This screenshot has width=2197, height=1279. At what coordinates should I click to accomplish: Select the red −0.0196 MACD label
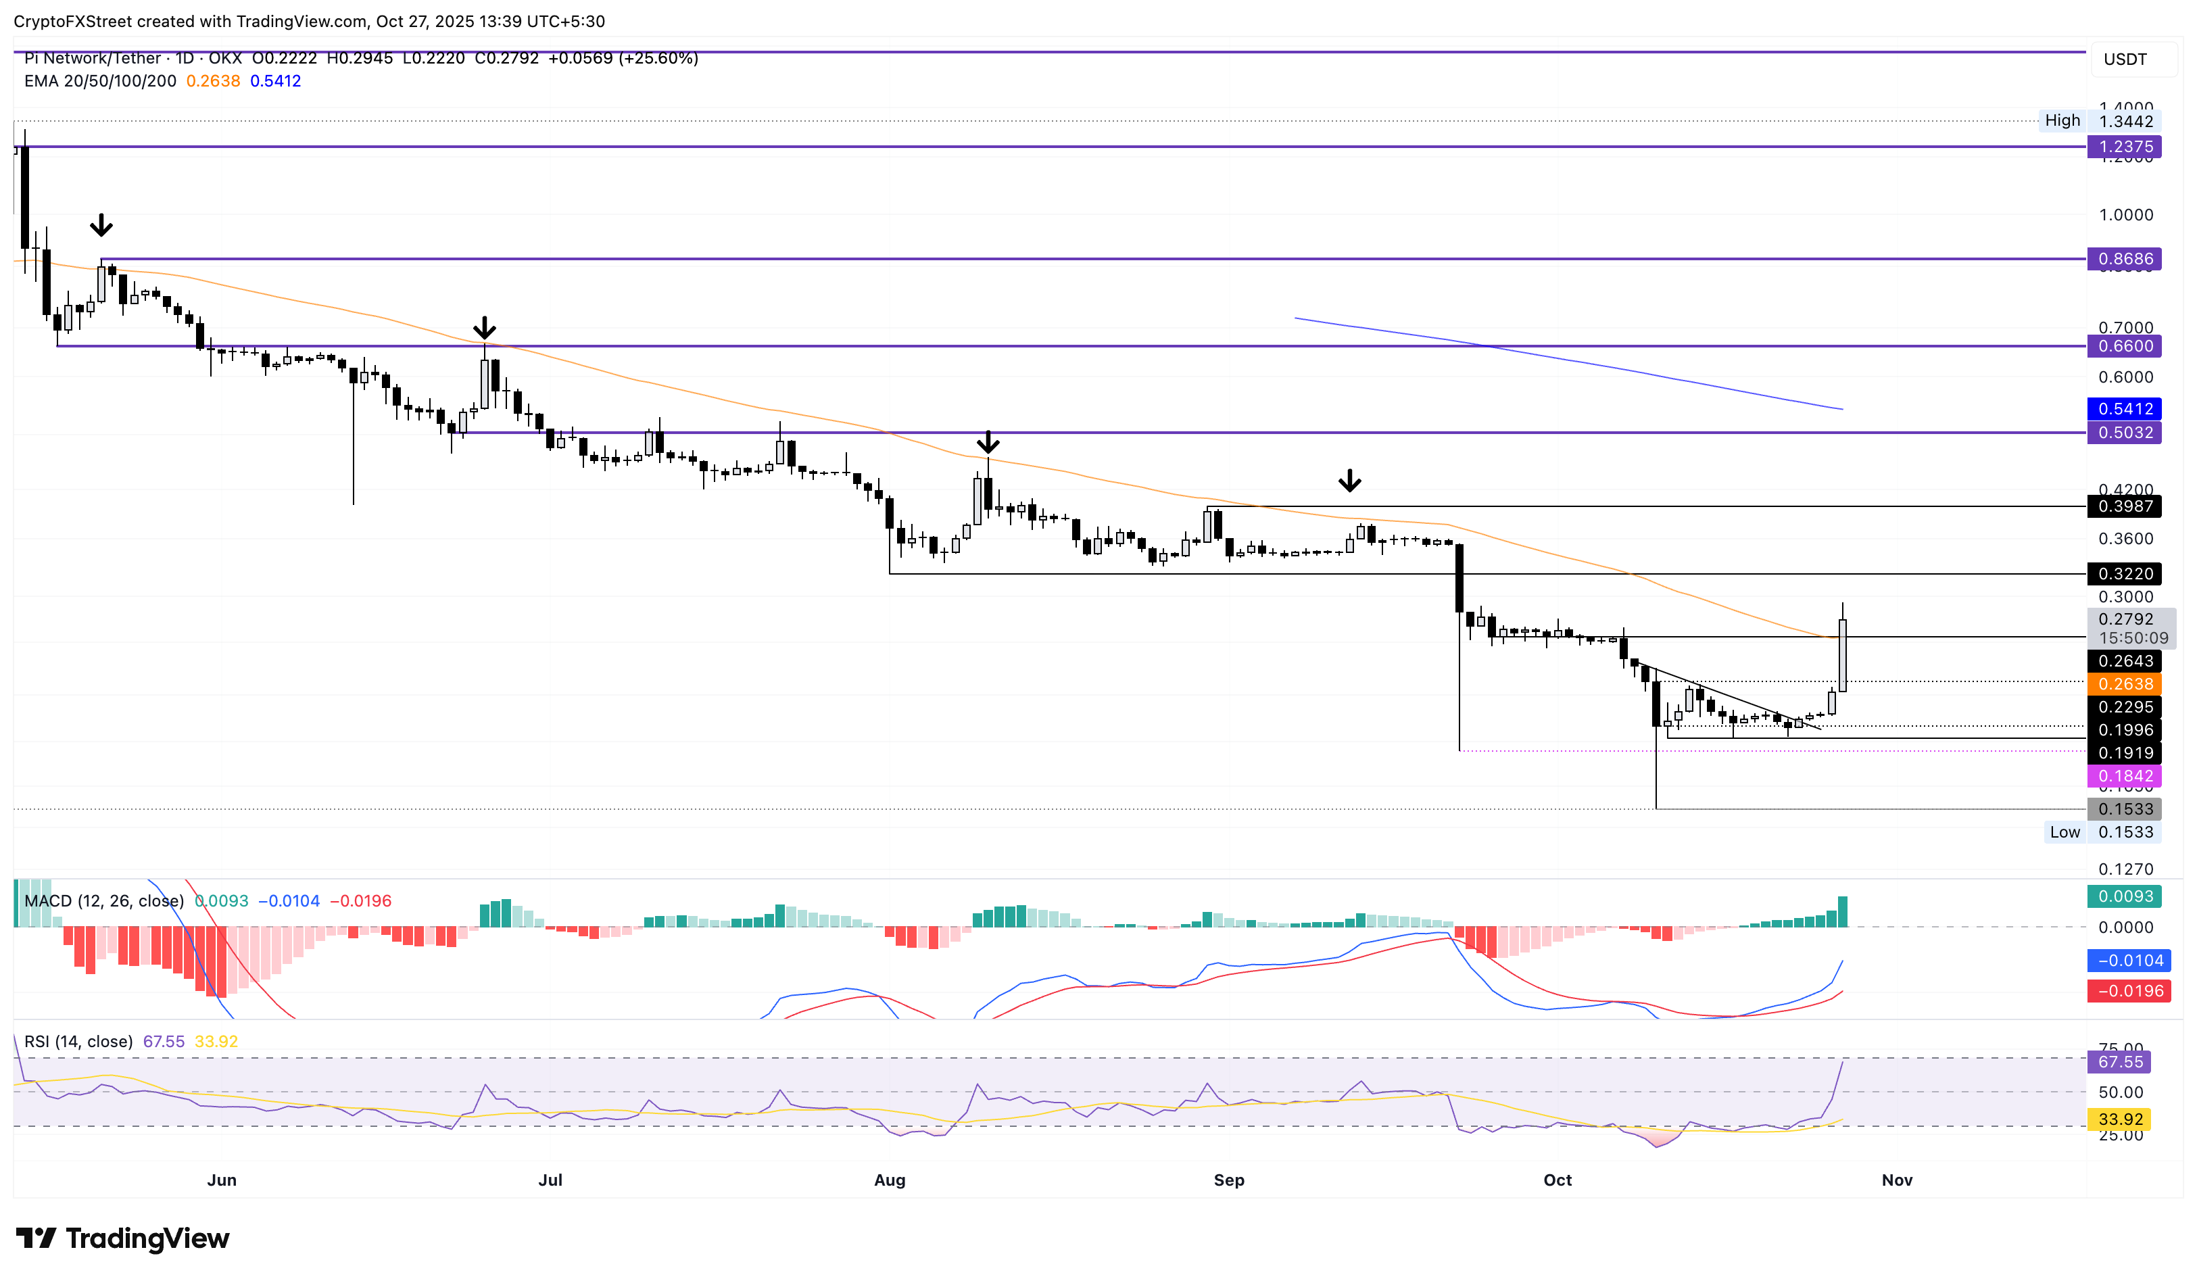pyautogui.click(x=2128, y=990)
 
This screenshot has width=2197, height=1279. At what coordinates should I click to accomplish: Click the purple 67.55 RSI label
pyautogui.click(x=2119, y=1062)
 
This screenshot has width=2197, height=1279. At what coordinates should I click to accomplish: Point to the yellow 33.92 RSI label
pyautogui.click(x=2119, y=1119)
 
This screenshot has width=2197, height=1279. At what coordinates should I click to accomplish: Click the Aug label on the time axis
pyautogui.click(x=889, y=1180)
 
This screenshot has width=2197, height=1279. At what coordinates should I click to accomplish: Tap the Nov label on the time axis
pyautogui.click(x=1896, y=1180)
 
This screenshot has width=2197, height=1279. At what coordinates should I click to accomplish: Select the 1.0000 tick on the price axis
pyautogui.click(x=2125, y=214)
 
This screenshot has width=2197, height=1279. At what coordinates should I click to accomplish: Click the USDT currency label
pyautogui.click(x=2125, y=59)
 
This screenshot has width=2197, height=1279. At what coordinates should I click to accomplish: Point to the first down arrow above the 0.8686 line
pyautogui.click(x=101, y=226)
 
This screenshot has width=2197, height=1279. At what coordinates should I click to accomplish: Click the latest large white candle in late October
pyautogui.click(x=1842, y=656)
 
